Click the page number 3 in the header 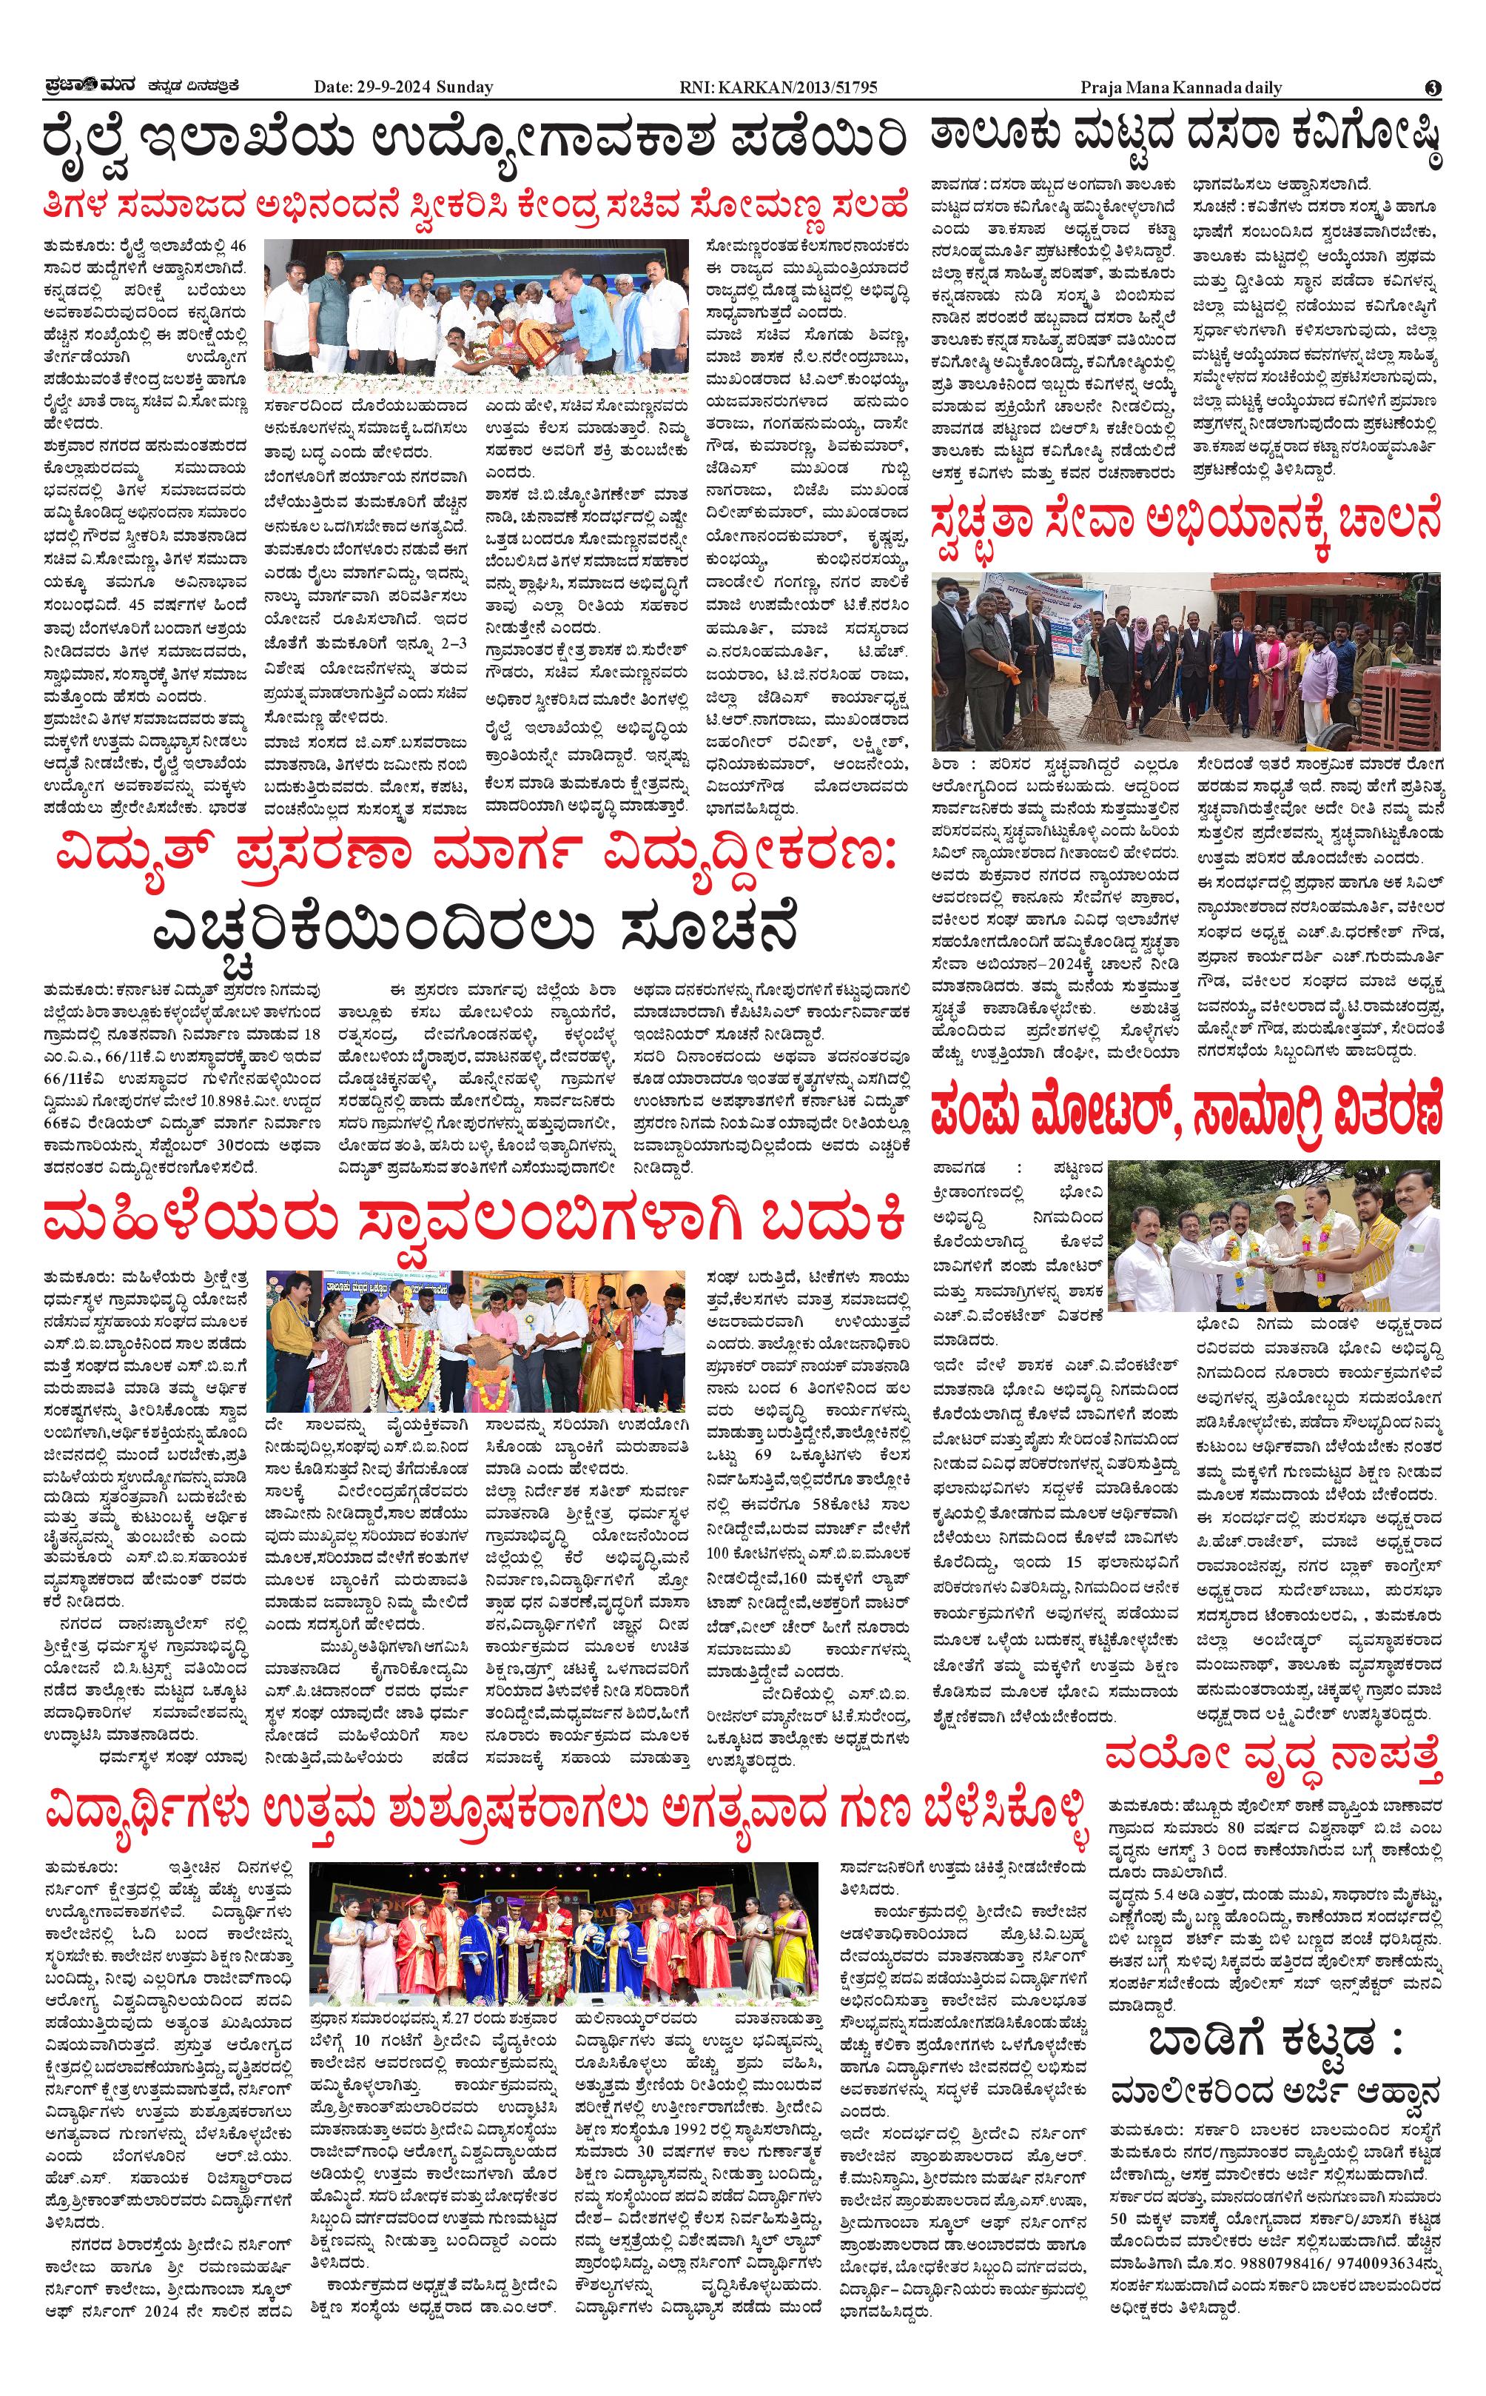(1433, 87)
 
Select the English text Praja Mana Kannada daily (1180, 87)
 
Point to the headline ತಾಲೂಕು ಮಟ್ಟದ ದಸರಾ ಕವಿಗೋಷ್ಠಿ (1186, 138)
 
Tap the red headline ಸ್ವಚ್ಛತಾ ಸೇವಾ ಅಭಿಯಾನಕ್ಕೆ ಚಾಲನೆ (1186, 519)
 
